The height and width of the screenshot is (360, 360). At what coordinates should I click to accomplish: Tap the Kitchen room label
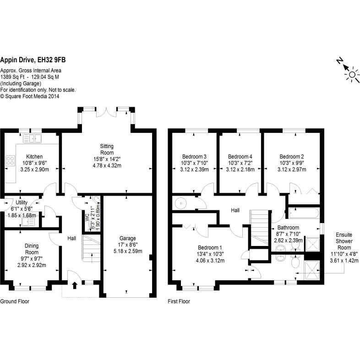click(34, 157)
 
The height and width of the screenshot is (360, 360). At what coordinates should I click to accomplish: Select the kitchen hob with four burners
click(10, 161)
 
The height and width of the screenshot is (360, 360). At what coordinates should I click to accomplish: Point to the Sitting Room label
click(107, 149)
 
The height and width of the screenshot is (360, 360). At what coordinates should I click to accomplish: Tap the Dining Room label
click(32, 249)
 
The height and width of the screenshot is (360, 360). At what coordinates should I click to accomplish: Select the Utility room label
click(22, 202)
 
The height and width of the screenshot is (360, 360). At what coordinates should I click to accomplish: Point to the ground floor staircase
click(89, 247)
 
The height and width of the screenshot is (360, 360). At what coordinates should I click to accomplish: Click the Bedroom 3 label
click(194, 155)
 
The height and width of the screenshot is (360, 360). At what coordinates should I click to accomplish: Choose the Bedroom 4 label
click(240, 155)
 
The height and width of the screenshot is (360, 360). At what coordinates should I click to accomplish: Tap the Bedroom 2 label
click(291, 155)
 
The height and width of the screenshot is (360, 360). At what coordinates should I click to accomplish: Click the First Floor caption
click(179, 302)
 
